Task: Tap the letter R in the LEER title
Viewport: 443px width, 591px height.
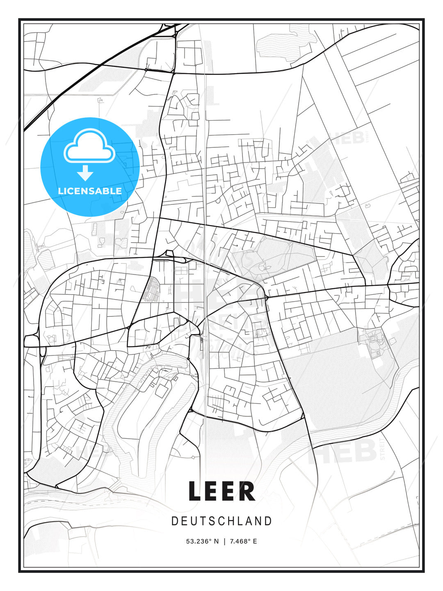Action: pos(247,492)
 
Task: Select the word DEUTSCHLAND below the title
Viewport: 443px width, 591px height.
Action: pos(221,521)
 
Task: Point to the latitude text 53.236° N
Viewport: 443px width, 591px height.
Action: pos(202,541)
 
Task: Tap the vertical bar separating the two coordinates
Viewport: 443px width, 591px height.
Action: pos(224,541)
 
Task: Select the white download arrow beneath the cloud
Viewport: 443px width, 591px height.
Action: pos(85,173)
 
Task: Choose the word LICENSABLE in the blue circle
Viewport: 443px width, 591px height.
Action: pos(90,191)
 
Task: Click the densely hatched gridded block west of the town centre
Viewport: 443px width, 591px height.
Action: pos(153,289)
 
